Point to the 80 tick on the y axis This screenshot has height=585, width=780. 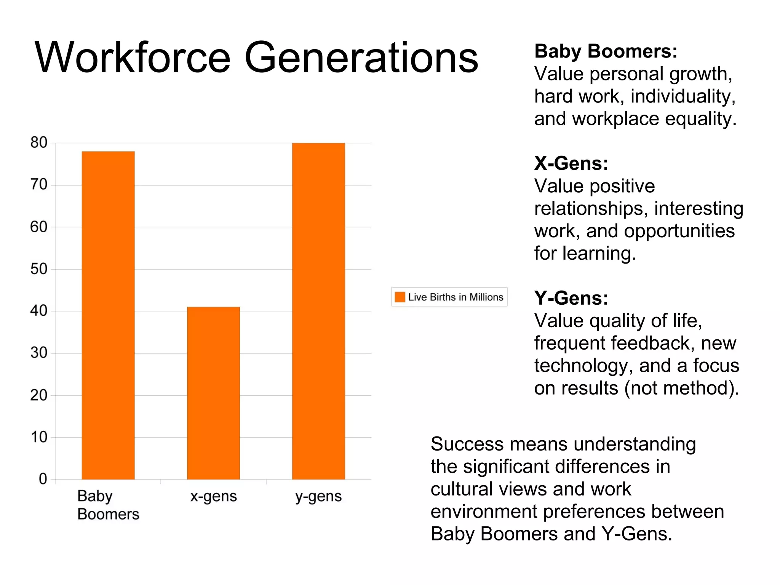click(x=39, y=143)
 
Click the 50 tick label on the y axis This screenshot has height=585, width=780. click(x=39, y=269)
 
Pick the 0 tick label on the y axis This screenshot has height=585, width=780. click(x=43, y=479)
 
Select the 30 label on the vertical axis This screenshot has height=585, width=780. click(x=39, y=353)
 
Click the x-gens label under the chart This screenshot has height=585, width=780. click(x=213, y=496)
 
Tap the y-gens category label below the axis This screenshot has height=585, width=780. click(x=318, y=496)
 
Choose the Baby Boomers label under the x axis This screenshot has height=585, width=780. click(x=108, y=505)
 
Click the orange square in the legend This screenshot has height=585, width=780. click(x=400, y=297)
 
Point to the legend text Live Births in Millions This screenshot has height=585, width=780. click(x=456, y=297)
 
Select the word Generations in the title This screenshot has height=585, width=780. click(x=361, y=58)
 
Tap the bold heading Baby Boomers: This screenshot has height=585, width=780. click(x=606, y=51)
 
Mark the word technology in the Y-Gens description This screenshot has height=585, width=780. click(x=583, y=366)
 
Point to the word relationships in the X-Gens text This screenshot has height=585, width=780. click(x=591, y=209)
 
